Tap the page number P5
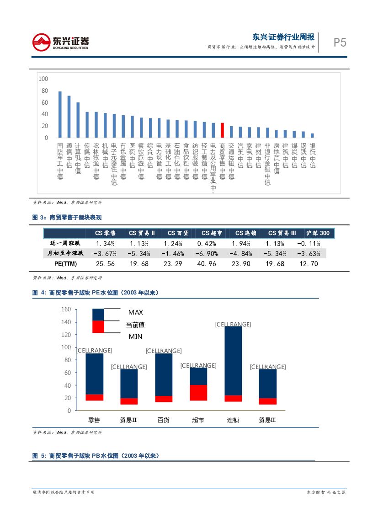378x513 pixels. [x=340, y=43]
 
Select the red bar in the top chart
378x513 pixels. [x=222, y=130]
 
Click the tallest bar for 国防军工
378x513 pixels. [x=60, y=114]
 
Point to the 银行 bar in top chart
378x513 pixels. [x=312, y=135]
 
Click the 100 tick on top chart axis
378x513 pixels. [x=43, y=79]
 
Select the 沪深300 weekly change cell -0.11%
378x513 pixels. [x=308, y=243]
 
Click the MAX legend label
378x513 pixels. [x=135, y=312]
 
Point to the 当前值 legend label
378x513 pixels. [x=135, y=325]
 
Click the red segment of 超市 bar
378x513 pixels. [x=198, y=392]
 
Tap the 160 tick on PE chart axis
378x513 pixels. [x=66, y=310]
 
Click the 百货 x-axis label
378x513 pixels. [x=163, y=420]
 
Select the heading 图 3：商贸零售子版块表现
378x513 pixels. [x=67, y=218]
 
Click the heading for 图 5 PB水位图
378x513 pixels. [x=96, y=456]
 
